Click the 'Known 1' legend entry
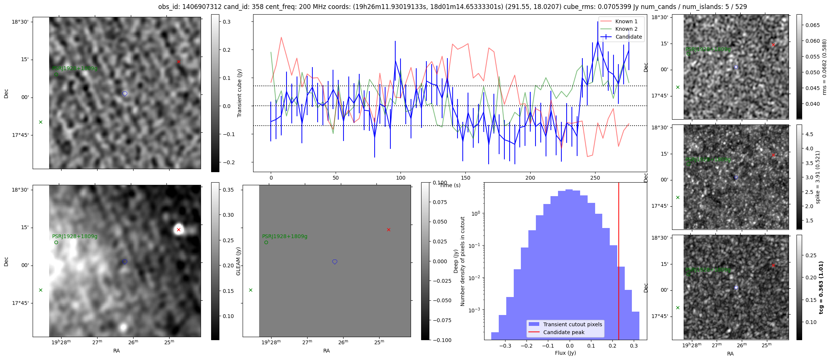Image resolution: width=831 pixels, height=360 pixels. click(626, 21)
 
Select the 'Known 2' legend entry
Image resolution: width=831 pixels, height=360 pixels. click(626, 29)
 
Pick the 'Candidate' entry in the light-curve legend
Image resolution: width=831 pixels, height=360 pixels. click(628, 37)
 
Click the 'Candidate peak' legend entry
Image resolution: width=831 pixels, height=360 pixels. click(564, 332)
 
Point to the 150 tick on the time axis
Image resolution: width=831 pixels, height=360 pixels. click(465, 178)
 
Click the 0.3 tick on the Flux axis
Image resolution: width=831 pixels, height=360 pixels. click(634, 346)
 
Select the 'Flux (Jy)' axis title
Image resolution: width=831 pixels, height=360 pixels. click(565, 353)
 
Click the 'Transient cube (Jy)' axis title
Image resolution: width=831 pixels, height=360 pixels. click(240, 93)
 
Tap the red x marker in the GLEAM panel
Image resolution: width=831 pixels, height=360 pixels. click(388, 229)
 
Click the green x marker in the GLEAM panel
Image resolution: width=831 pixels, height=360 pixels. click(251, 290)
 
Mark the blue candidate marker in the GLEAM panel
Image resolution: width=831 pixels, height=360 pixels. click(335, 262)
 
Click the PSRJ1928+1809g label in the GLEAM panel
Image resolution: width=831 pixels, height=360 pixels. click(285, 237)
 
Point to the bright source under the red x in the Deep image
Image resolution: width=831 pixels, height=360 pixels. click(178, 229)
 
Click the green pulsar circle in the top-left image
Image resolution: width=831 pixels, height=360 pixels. click(56, 74)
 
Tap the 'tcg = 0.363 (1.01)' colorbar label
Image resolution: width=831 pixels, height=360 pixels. click(821, 287)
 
